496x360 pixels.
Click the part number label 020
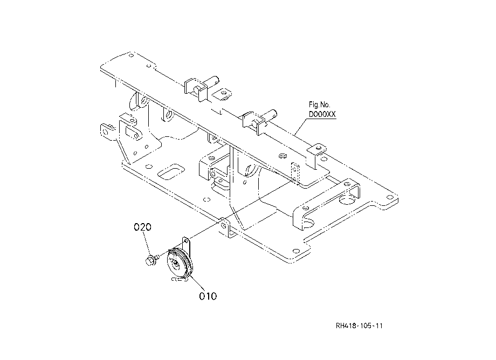142,227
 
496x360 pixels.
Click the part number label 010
208,296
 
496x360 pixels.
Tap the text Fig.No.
319,105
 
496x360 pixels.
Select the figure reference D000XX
322,114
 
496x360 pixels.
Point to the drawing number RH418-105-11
359,326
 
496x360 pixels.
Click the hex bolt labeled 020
150,261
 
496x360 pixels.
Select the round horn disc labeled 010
179,264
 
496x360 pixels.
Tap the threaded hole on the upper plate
283,156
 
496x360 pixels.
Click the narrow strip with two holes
295,172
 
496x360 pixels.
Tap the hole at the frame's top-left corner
131,56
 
